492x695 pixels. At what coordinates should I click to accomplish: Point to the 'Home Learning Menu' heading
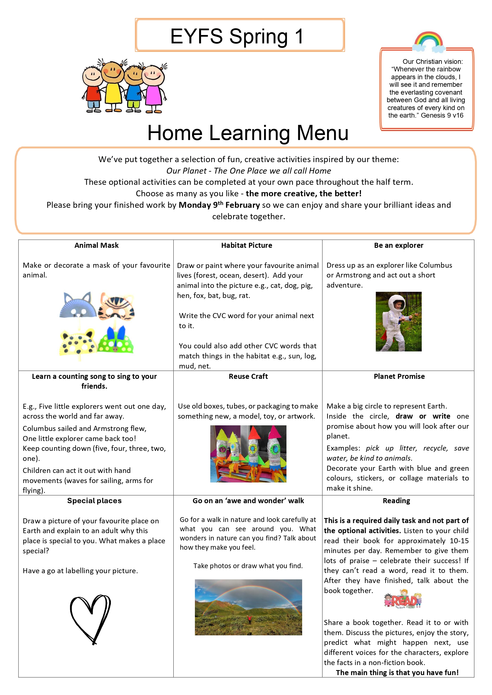(x=248, y=133)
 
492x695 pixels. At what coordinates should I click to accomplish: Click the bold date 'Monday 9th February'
(x=219, y=205)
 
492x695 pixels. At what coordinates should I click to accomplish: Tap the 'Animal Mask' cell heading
(x=96, y=245)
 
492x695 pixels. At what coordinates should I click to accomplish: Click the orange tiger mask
(x=117, y=307)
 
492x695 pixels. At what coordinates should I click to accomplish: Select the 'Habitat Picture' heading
(x=246, y=245)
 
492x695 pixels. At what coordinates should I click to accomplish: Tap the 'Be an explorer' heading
(x=398, y=245)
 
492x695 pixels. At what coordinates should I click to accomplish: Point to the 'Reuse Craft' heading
(x=248, y=376)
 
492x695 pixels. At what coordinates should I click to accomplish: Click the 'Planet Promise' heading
(x=399, y=376)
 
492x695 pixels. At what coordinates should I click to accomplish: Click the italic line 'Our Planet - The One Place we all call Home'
(x=248, y=171)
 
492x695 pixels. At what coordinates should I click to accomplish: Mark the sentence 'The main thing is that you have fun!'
(x=397, y=672)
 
